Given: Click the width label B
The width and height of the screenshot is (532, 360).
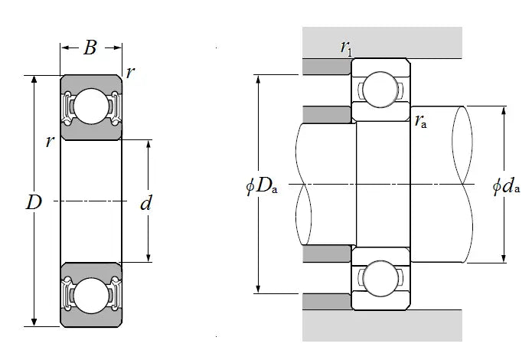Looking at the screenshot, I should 90,48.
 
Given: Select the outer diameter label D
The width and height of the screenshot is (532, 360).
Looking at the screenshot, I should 33,203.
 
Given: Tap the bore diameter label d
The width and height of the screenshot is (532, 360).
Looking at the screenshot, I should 146,204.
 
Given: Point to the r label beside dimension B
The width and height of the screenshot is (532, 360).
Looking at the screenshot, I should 131,73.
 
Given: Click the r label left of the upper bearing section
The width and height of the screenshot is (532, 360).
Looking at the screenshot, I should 50,141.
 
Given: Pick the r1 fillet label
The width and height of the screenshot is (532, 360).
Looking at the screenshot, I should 345,48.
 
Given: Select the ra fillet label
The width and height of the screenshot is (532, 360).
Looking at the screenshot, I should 420,119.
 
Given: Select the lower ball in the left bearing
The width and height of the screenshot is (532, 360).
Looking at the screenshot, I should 91,295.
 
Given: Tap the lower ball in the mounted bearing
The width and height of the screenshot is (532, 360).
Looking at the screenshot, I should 380,278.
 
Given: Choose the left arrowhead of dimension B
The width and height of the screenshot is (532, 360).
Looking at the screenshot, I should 64,48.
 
